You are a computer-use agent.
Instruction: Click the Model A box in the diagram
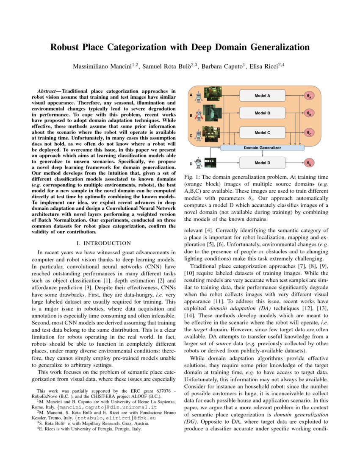click(x=263, y=96)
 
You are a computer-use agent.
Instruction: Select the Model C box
click(x=263, y=133)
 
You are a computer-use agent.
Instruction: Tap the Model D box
click(x=263, y=163)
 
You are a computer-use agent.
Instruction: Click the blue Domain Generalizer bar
click(x=262, y=147)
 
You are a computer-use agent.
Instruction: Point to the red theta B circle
click(x=309, y=114)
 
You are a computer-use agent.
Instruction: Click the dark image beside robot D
click(x=210, y=163)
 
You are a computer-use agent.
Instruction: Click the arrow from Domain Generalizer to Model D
click(x=262, y=153)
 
